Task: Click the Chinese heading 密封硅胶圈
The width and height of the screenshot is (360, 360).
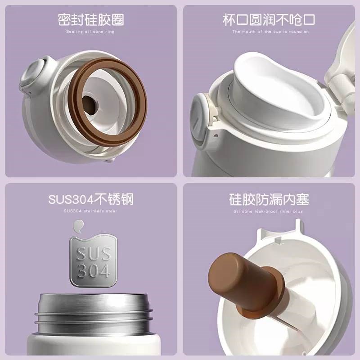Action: [x=90, y=20]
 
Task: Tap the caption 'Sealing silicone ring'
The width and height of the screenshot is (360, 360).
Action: [x=90, y=31]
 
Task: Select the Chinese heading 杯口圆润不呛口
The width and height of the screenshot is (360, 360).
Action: [x=269, y=20]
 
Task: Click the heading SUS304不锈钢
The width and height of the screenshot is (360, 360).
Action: [x=90, y=199]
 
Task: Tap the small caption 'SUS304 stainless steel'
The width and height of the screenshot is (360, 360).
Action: [x=90, y=211]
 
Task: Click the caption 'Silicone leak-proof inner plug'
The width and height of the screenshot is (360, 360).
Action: [x=268, y=211]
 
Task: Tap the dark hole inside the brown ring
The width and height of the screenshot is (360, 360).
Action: [x=91, y=106]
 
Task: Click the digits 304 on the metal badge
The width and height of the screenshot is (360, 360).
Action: [x=92, y=271]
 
